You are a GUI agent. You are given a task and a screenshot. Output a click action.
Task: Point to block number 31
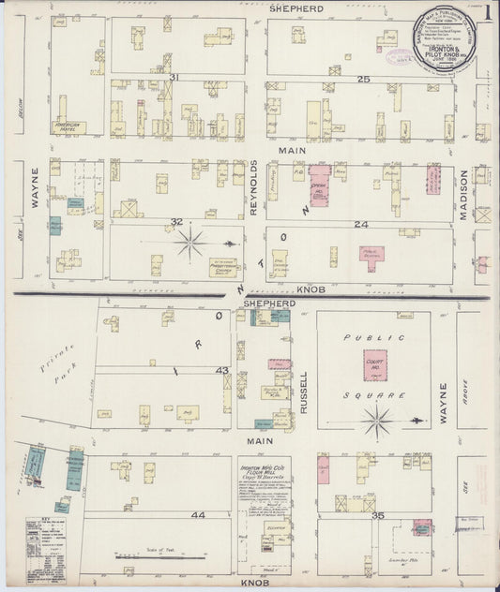coord(174,77)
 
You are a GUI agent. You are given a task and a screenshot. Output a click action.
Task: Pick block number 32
coord(175,222)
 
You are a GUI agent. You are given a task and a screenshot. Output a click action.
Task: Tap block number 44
coord(172,515)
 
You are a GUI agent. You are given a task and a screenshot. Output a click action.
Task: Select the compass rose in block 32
coord(193,244)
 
